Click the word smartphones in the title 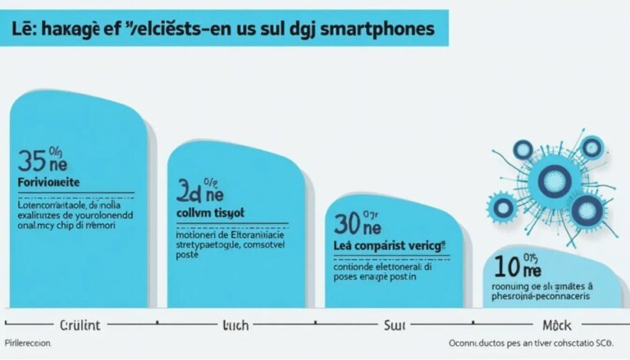[379, 30]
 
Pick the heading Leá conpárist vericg [389, 246]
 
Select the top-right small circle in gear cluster [591, 148]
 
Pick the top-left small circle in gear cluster [523, 148]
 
